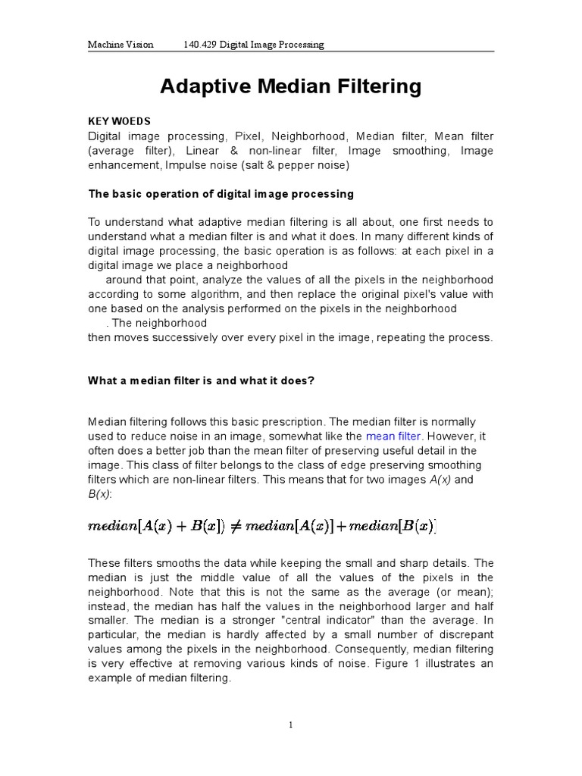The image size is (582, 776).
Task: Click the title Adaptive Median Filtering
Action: click(290, 86)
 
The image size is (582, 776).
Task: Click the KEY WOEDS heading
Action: click(119, 121)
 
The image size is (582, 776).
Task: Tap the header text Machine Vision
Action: click(120, 45)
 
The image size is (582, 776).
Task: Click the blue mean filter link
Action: click(393, 436)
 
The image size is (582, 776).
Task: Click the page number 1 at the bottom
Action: click(290, 725)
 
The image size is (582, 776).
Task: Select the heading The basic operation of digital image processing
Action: click(221, 194)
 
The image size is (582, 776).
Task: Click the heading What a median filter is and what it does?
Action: click(201, 380)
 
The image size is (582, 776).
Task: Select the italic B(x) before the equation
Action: click(100, 493)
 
